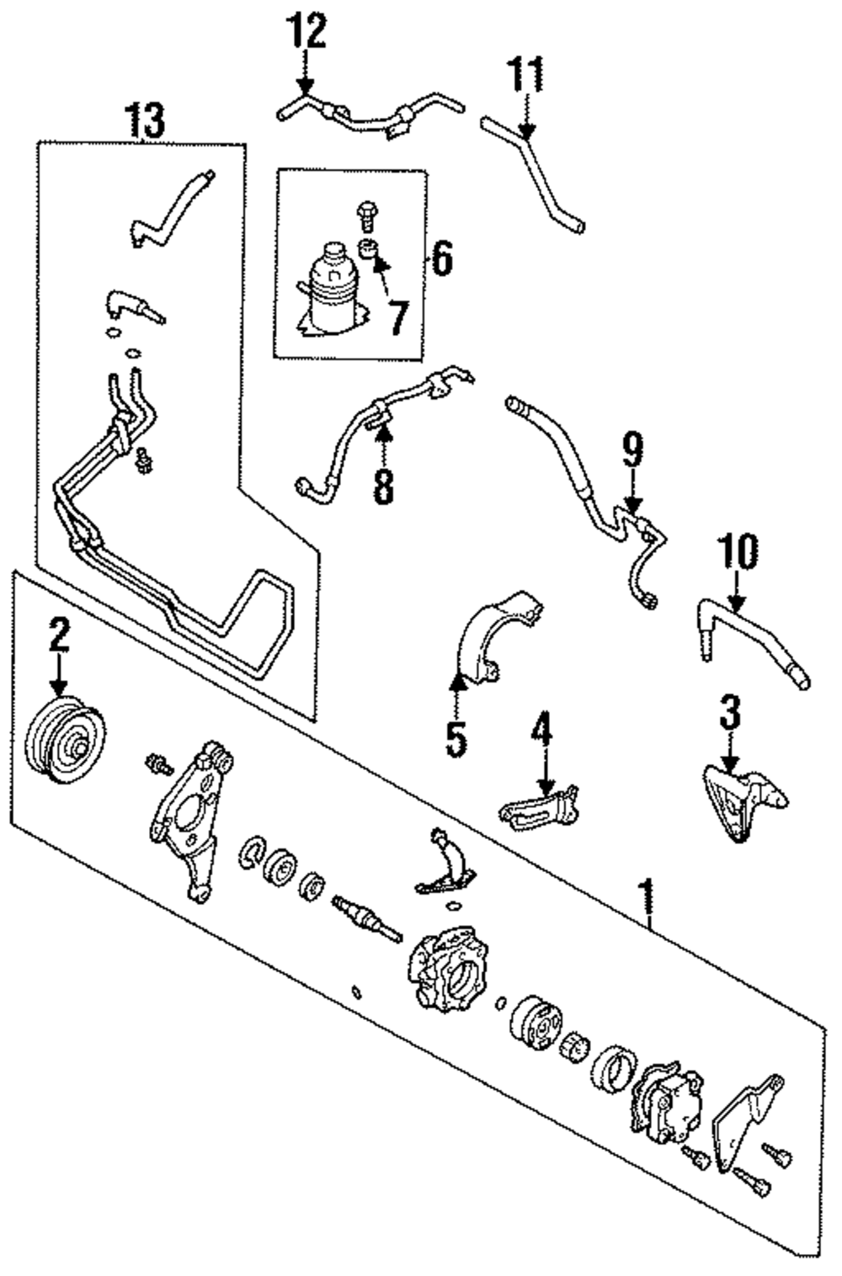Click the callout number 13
click(146, 120)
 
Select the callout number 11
click(525, 74)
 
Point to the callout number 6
click(441, 258)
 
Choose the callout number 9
click(631, 450)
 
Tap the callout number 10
click(738, 551)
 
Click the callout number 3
click(730, 712)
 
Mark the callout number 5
click(456, 739)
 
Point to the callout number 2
click(59, 636)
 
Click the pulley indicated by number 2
click(66, 739)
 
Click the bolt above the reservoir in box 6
click(366, 215)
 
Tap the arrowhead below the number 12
click(306, 88)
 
